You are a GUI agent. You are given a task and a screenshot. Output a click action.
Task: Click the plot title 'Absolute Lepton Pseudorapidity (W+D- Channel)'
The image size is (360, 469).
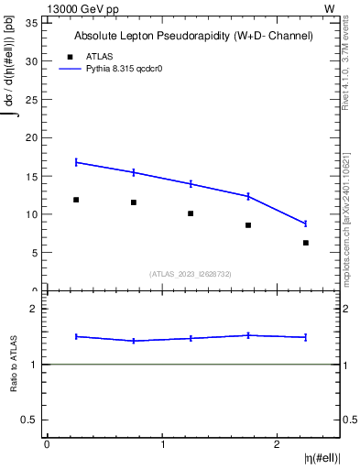coord(193,36)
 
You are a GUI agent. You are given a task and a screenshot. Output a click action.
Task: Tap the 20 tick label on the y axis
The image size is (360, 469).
coord(33,137)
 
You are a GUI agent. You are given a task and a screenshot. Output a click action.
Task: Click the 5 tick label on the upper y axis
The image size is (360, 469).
coord(36,253)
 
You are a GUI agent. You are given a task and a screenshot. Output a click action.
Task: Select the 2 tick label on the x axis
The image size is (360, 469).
coord(278,444)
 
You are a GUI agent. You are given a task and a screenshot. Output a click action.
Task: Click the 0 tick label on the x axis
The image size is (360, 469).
coord(47,444)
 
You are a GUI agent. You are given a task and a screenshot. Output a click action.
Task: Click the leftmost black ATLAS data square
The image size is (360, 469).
coord(76,200)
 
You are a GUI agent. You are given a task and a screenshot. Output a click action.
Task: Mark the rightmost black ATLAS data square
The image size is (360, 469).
coord(306,243)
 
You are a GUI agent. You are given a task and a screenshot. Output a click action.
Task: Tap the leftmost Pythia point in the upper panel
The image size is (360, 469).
coord(76,162)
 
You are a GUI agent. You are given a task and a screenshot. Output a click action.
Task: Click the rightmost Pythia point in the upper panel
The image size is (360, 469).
coord(306,224)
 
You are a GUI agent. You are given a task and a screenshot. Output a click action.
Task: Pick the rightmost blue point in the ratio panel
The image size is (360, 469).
coord(306,337)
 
